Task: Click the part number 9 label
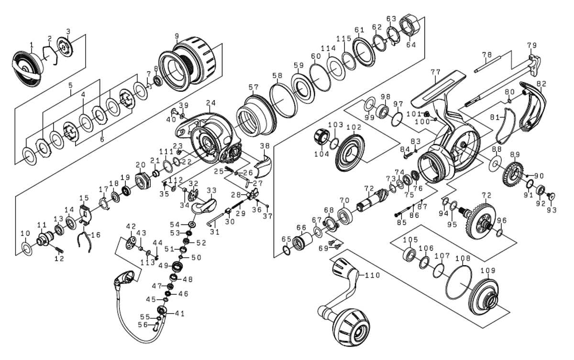pyautogui.click(x=177, y=35)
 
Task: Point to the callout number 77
pyautogui.click(x=435, y=72)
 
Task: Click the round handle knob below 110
pyautogui.click(x=352, y=330)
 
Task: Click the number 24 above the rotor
pyautogui.click(x=211, y=102)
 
